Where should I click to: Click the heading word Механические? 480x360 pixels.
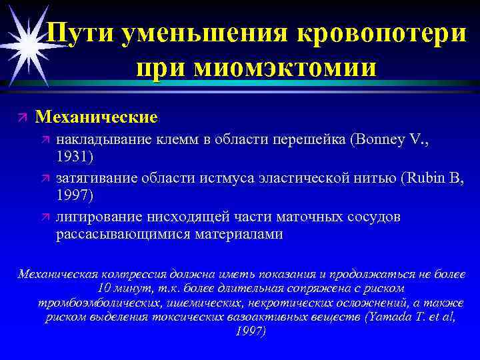click(97, 117)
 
